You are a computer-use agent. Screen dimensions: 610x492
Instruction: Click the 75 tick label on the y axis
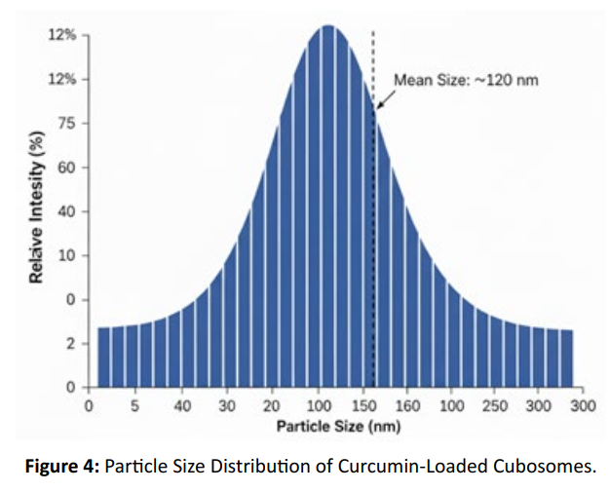pyautogui.click(x=67, y=124)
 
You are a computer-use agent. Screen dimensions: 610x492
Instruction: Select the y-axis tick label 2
pyautogui.click(x=71, y=344)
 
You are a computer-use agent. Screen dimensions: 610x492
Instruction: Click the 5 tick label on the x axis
pyautogui.click(x=134, y=406)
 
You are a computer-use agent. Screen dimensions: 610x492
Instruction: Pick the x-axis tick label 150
pyautogui.click(x=363, y=406)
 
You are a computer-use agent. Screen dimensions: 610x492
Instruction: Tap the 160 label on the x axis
pyautogui.click(x=407, y=406)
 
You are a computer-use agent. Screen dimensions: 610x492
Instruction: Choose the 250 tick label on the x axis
pyautogui.click(x=495, y=406)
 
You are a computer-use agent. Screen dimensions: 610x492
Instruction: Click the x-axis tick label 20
pyautogui.click(x=271, y=406)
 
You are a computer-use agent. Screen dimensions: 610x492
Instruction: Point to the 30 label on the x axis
pyautogui.click(x=227, y=406)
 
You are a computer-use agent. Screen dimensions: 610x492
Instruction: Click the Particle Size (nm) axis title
pyautogui.click(x=338, y=427)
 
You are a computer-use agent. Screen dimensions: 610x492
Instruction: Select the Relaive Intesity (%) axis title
pyautogui.click(x=36, y=208)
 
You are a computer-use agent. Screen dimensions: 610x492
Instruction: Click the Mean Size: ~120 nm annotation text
pyautogui.click(x=466, y=80)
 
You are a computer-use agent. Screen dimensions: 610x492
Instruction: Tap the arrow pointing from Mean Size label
pyautogui.click(x=386, y=99)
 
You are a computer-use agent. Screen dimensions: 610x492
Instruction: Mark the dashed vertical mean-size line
pyautogui.click(x=373, y=208)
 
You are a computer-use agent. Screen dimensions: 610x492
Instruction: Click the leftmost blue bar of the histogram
pyautogui.click(x=103, y=357)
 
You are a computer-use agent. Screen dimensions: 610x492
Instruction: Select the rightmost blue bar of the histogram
pyautogui.click(x=567, y=359)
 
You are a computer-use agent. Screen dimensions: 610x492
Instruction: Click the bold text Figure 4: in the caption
pyautogui.click(x=62, y=466)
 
